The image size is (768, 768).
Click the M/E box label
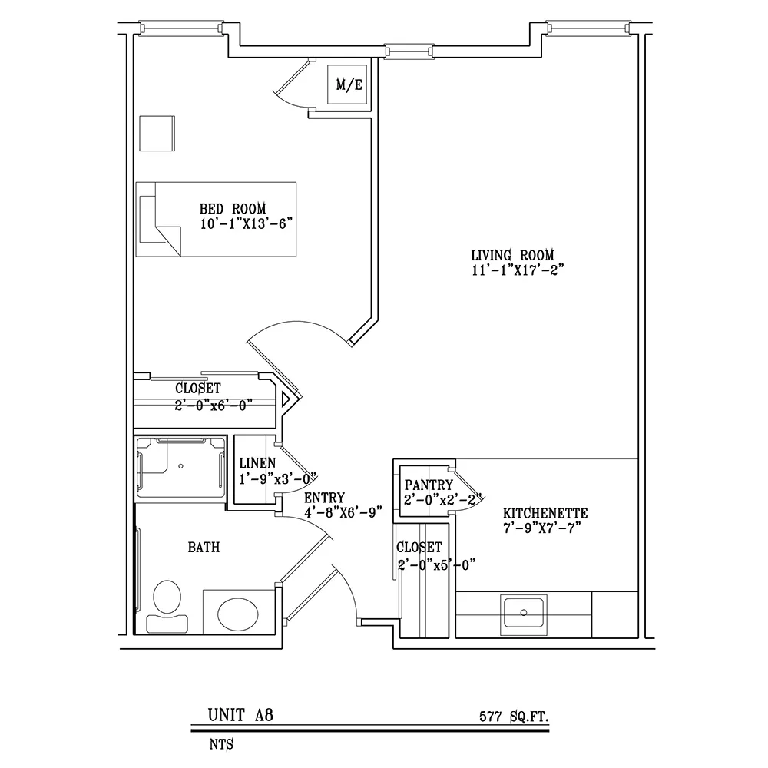pos(349,84)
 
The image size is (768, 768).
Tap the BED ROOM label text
pos(233,209)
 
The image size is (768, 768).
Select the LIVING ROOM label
pos(512,255)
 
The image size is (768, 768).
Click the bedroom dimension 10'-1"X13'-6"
pos(247,223)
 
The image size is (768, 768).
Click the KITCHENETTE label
pos(545,513)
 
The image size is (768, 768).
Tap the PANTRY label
pos(429,485)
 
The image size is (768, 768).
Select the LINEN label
pos(257,462)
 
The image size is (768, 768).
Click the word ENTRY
pos(324,498)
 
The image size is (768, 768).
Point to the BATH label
pos(204,547)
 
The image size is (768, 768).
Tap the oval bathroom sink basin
pos(238,613)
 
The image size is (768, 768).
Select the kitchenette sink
pos(524,614)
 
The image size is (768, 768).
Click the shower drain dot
pos(180,466)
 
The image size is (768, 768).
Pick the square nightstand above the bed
pos(157,134)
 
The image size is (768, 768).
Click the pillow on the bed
pos(147,219)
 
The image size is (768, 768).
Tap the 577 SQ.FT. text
pos(514,717)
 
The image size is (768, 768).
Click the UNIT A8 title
pos(240,715)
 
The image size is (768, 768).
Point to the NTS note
pos(221,744)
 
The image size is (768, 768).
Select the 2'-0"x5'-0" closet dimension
pos(437,564)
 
